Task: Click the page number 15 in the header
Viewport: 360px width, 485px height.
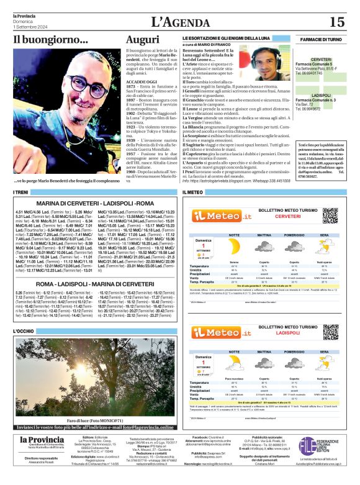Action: (x=336, y=22)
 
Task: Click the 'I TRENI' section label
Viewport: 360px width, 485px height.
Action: (x=22, y=193)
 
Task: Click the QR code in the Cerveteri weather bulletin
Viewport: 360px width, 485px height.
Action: (x=330, y=215)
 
